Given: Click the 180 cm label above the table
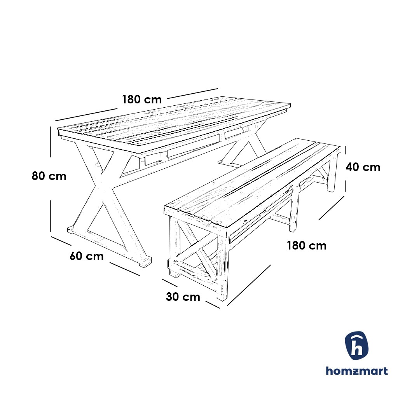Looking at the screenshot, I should (142, 99).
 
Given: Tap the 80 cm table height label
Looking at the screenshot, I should (49, 176).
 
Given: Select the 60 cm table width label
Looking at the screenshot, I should (87, 256).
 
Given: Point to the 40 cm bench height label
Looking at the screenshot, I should (363, 167).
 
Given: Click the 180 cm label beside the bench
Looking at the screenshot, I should (307, 246).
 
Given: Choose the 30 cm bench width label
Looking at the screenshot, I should (183, 297).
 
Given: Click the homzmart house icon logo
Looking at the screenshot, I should (356, 346).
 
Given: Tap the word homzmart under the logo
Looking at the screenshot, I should (356, 371).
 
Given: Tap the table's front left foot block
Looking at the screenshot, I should (72, 230).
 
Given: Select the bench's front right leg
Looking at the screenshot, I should (222, 264).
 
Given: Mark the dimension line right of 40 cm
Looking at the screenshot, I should (346, 169).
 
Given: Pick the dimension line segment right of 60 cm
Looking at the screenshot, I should (124, 269).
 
